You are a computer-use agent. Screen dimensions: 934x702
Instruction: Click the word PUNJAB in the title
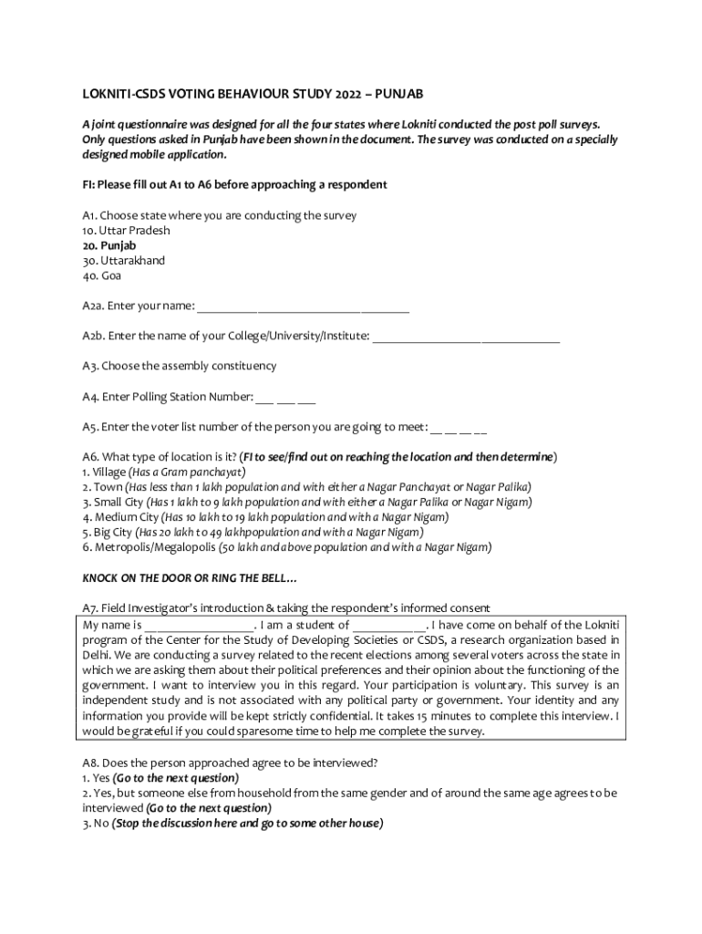click(398, 94)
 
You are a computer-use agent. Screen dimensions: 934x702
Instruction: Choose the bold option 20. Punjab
click(108, 245)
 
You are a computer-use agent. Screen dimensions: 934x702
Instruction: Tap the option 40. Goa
click(101, 275)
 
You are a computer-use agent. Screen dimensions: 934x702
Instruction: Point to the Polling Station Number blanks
click(285, 398)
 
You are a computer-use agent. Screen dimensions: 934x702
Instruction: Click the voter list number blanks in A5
click(458, 428)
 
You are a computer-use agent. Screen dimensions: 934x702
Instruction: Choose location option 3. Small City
click(113, 502)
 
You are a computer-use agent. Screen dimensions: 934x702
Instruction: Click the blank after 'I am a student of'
click(388, 628)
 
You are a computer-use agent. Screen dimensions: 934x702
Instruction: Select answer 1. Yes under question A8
click(96, 778)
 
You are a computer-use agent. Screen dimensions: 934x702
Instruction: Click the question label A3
click(89, 366)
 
